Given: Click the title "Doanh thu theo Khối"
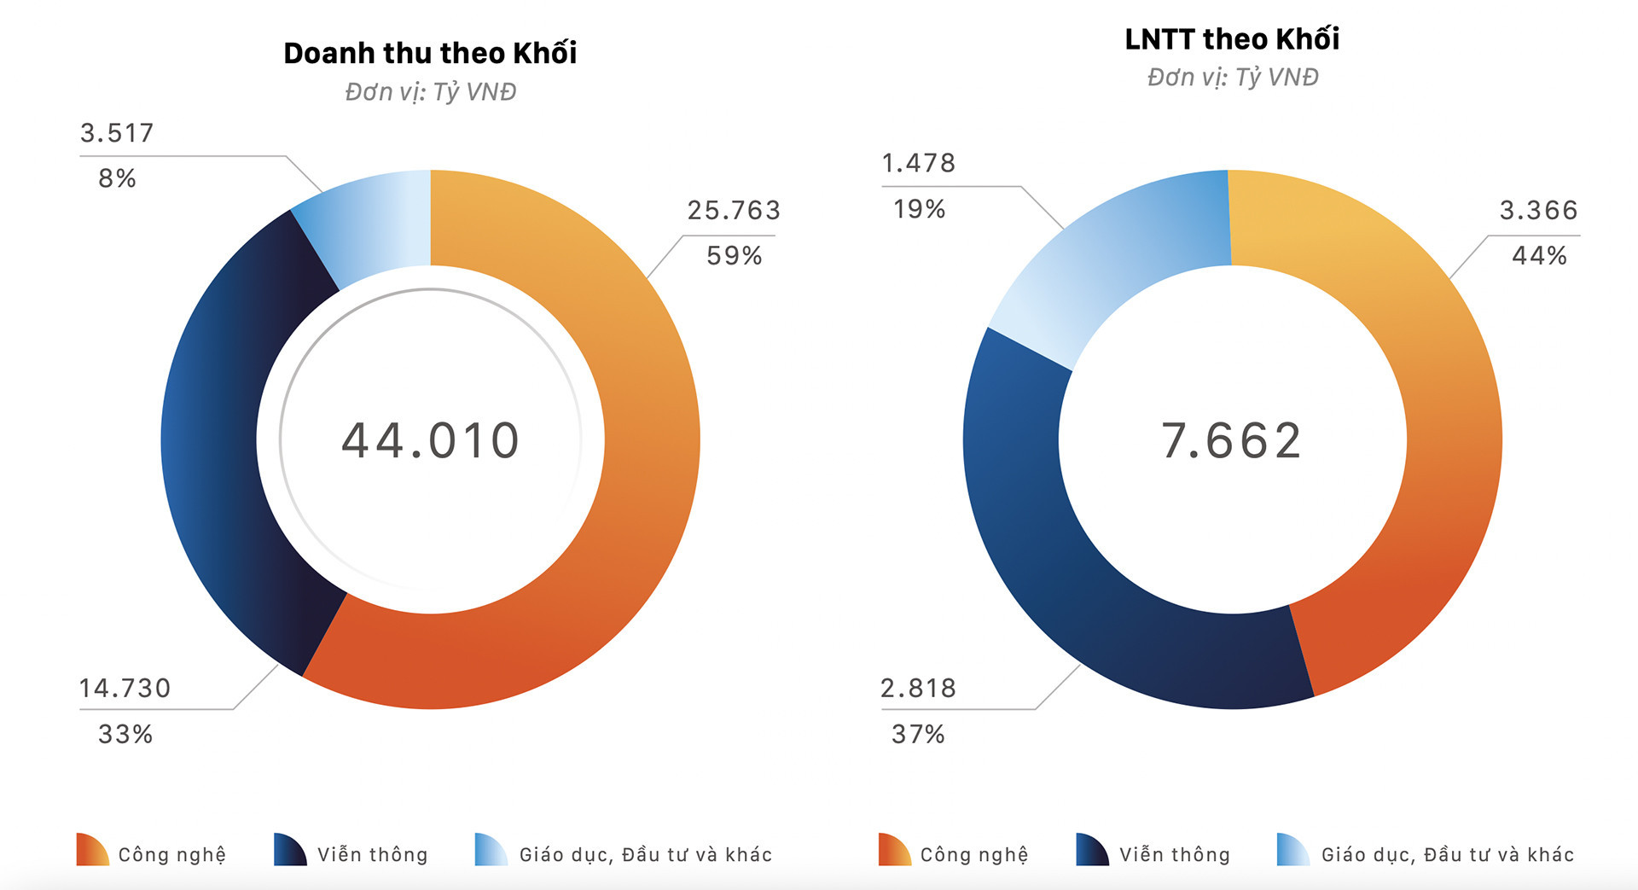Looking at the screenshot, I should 430,53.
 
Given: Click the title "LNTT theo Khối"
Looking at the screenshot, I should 1232,38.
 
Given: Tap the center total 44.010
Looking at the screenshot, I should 430,440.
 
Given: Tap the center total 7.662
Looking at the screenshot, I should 1232,440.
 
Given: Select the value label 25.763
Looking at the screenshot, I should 734,210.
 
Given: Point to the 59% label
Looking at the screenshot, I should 734,255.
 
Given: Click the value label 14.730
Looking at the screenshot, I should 125,688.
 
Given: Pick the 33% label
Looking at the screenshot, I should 125,734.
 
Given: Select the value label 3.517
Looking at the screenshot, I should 117,133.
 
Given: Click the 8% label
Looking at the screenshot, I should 117,178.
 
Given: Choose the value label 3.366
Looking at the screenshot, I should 1539,210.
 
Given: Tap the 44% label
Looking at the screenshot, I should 1539,255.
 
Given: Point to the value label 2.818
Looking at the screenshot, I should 918,688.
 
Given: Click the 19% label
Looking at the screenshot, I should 919,208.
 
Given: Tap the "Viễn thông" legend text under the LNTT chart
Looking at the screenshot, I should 1175,854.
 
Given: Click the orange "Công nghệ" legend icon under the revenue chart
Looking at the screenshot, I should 91,850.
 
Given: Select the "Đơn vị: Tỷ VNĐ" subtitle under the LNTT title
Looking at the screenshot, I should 1232,77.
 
